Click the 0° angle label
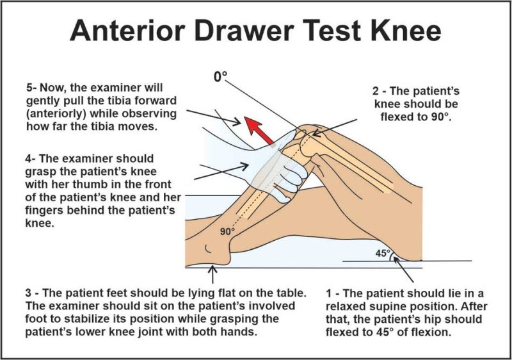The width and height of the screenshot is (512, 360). [x=221, y=76]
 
